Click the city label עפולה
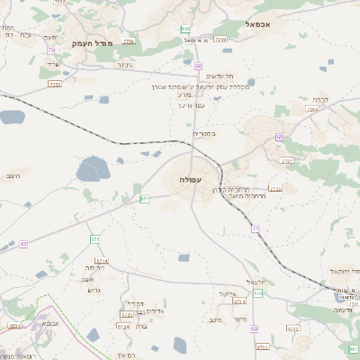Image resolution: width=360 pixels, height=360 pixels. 191,180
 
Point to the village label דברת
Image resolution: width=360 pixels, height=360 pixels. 320,99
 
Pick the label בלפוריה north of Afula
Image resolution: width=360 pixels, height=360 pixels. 204,133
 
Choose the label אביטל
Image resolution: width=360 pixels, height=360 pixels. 226,292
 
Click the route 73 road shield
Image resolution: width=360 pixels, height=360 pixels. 50,50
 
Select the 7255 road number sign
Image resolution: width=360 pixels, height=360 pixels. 56,84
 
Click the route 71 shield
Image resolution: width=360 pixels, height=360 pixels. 256,229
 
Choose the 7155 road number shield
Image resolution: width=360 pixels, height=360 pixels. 275,189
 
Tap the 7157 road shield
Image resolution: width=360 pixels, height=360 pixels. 287,160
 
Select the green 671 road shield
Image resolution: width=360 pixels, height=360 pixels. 145,198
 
